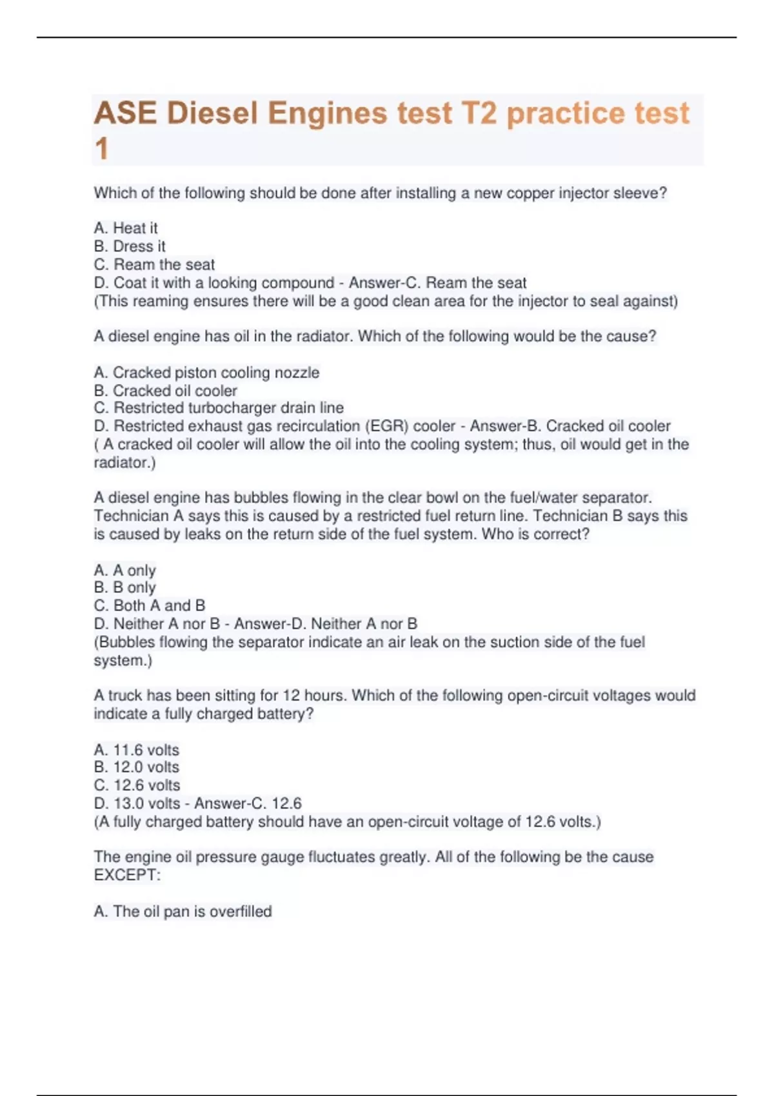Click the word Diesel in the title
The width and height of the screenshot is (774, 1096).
coord(212,113)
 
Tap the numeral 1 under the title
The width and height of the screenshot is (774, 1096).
coord(101,149)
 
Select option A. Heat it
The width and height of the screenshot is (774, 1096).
coord(126,228)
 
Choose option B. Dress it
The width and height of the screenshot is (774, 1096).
coord(130,246)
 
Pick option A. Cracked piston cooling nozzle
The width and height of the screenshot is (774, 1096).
coord(206,373)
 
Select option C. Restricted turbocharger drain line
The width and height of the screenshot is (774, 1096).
coord(219,408)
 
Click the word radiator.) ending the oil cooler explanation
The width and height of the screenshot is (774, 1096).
coord(124,462)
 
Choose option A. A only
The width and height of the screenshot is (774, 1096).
coord(125,571)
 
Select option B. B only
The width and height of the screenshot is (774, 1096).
coord(125,587)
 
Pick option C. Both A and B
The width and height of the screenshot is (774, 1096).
coord(150,605)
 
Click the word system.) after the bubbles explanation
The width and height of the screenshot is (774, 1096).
coord(123,660)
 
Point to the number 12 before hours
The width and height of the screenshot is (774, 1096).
coord(292,696)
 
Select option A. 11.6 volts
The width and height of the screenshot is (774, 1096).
coord(137,750)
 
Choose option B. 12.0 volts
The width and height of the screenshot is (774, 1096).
coord(137,767)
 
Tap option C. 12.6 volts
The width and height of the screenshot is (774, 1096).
coord(137,785)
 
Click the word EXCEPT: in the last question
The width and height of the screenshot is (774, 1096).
coord(127,875)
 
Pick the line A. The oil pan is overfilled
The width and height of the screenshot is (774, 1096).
coord(183,912)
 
